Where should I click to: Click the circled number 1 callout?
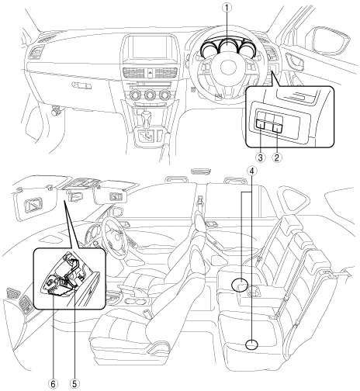[x=227, y=8]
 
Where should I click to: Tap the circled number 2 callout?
[x=276, y=157]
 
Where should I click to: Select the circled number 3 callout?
[x=260, y=157]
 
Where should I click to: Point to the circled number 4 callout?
[x=252, y=171]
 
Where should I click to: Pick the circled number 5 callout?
[x=74, y=384]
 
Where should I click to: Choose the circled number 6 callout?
[x=54, y=384]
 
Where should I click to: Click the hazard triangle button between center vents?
[x=151, y=72]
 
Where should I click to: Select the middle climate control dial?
[x=150, y=95]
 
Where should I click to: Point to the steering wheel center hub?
[x=228, y=67]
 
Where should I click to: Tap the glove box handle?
[x=81, y=85]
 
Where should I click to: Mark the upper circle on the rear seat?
[x=240, y=285]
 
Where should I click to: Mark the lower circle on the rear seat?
[x=251, y=344]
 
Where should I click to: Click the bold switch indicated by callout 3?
[x=261, y=124]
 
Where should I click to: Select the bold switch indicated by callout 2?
[x=278, y=126]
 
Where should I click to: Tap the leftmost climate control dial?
[x=135, y=95]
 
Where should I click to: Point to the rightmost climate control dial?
[x=164, y=95]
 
